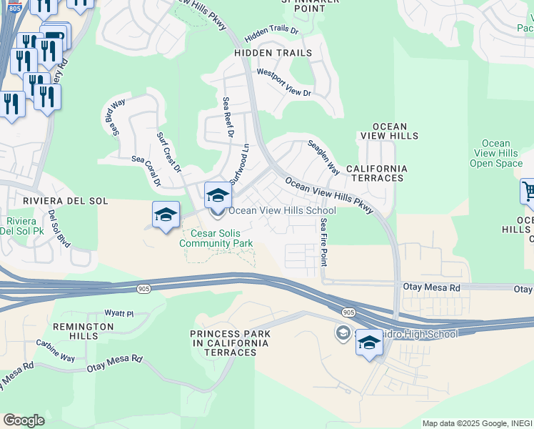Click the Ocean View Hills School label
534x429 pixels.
click(281, 210)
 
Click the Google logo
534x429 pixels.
click(24, 420)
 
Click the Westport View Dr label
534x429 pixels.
click(284, 83)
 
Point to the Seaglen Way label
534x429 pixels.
click(323, 157)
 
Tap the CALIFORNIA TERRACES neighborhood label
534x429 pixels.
click(376, 173)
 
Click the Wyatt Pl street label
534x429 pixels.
click(119, 313)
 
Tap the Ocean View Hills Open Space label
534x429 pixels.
click(496, 154)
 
